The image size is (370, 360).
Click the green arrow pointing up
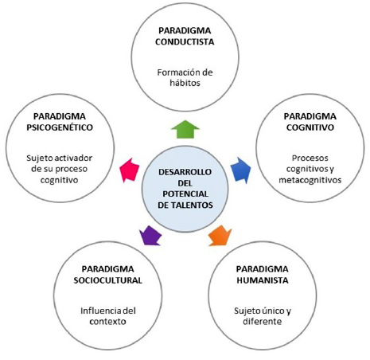185,128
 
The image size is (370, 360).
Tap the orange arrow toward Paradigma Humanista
219,236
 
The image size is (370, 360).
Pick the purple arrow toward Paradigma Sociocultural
150,236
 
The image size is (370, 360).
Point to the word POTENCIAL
185,193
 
